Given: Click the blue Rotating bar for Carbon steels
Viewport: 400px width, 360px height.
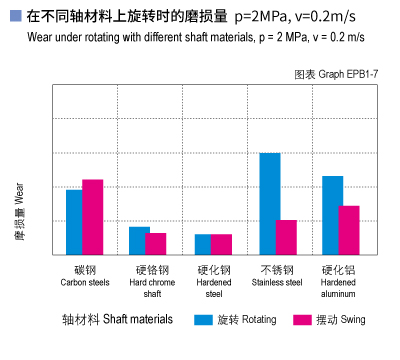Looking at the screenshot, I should tap(74, 221).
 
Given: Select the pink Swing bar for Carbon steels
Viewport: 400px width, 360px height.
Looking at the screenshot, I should tap(92, 216).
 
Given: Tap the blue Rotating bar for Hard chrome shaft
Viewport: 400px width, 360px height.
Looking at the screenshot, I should tap(139, 240).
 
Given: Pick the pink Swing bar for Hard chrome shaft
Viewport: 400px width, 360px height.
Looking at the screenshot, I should tap(156, 243).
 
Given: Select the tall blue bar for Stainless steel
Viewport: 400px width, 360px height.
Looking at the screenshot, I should tap(269, 203).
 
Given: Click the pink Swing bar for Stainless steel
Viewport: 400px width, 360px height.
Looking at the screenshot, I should tap(286, 236).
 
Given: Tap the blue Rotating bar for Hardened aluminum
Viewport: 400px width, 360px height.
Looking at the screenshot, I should tap(332, 214).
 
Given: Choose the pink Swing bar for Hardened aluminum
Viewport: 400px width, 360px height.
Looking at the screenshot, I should tap(349, 229).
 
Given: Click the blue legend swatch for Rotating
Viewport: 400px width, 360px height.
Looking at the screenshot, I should tap(204, 320).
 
